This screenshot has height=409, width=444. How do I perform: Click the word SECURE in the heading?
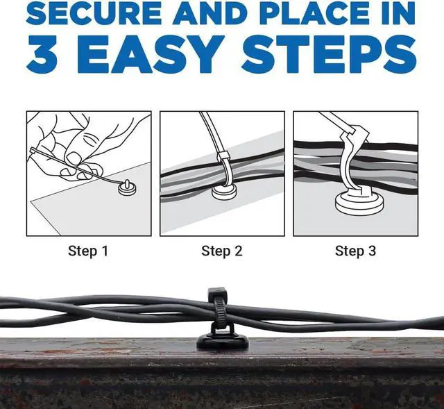coord(94,13)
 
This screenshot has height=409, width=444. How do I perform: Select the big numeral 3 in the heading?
coord(42,54)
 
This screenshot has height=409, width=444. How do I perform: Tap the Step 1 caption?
coord(88,251)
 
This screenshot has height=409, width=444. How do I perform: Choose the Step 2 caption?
coord(222,251)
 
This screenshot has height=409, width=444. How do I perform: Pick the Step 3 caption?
coord(355,251)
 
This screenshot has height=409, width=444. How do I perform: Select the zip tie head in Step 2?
coord(223,156)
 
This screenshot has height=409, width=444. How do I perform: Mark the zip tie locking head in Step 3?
coord(355,131)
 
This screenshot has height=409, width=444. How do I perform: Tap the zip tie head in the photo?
coord(217,292)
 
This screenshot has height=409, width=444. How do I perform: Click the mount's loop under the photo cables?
coord(223,331)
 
